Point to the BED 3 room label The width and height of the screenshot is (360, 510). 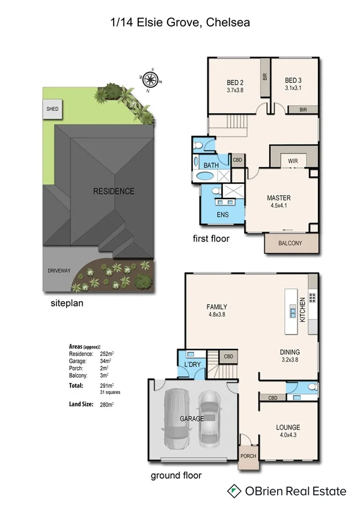[x=293, y=81]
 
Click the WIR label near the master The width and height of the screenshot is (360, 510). [x=293, y=161]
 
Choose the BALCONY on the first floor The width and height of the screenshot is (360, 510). [x=291, y=243]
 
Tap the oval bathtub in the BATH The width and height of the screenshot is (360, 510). [x=205, y=177]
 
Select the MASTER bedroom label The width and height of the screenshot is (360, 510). [x=279, y=198]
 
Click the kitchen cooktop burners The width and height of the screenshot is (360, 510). [x=312, y=296]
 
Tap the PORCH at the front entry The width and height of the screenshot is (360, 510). [x=248, y=456]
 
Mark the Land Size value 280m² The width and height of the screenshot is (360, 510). [x=107, y=405]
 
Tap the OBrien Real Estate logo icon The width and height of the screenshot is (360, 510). [x=234, y=491]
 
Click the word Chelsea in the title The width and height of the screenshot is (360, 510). [x=228, y=22]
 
